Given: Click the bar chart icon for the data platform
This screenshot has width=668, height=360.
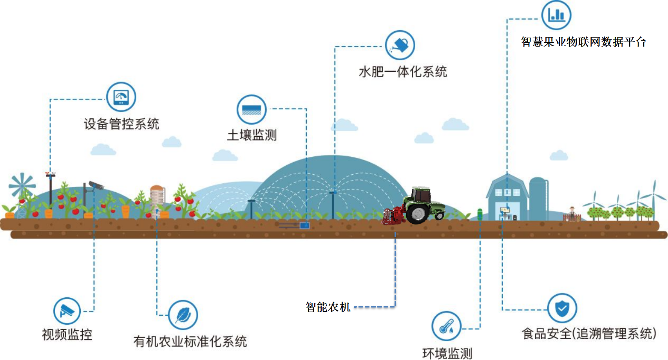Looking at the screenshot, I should click(x=556, y=15).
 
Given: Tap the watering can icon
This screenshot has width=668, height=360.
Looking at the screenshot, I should click(x=400, y=45).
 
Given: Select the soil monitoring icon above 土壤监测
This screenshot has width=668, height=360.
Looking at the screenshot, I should click(x=252, y=110).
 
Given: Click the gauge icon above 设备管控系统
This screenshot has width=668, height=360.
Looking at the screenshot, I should click(x=121, y=97).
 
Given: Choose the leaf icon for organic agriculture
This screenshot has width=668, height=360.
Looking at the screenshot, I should click(x=183, y=315).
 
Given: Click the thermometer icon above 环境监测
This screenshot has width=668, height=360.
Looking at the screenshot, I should click(x=446, y=326).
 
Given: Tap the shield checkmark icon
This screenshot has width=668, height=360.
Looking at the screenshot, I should click(x=562, y=308).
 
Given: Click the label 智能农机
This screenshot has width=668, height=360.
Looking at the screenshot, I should click(x=328, y=307).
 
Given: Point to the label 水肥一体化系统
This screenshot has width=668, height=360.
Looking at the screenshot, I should click(x=403, y=72).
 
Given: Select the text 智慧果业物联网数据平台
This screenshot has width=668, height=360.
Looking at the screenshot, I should click(x=583, y=42).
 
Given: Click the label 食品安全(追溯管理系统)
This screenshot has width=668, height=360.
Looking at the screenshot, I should click(x=589, y=334).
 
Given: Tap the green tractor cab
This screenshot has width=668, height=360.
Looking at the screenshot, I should click(x=422, y=195).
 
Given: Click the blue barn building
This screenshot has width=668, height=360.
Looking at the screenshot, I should click(x=507, y=198).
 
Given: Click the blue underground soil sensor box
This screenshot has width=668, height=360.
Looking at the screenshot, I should click(x=304, y=226).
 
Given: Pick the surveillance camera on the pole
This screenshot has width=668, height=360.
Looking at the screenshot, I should click(x=96, y=185).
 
